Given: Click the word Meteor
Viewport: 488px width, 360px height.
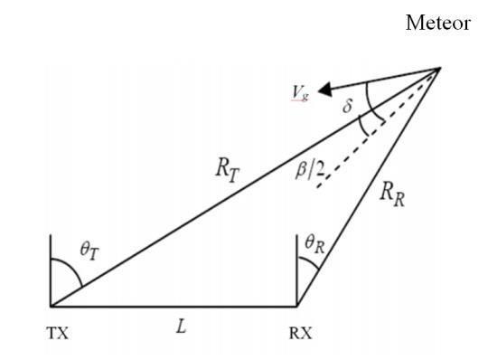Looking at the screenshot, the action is [x=437, y=24].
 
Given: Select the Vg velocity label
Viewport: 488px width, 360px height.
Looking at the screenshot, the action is [x=299, y=93].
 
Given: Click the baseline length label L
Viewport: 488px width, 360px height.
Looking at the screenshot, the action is [x=181, y=327].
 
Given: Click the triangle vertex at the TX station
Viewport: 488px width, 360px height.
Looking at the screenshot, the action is [x=52, y=306].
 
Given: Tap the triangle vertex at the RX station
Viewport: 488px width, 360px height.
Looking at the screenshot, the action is [x=297, y=306].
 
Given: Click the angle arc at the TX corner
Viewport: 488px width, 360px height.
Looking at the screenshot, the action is [x=69, y=269].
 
